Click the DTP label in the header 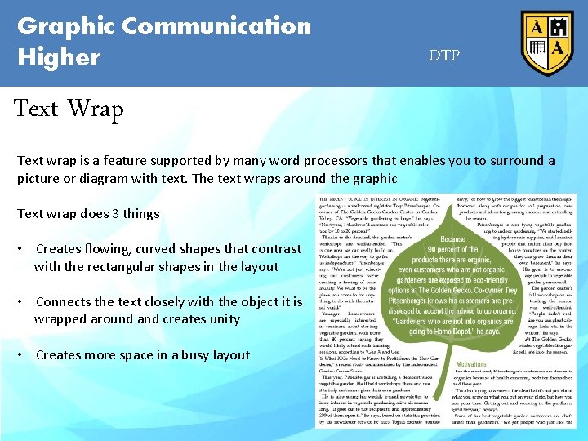(444, 56)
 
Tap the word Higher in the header (59, 57)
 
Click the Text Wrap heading (70, 109)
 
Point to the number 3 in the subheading (115, 214)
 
